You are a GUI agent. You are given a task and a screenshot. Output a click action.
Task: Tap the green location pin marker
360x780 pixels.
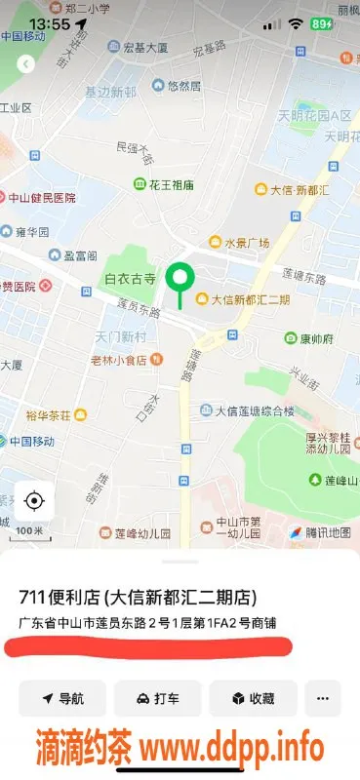(179, 280)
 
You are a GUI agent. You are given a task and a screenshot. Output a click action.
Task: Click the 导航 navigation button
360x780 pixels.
(62, 698)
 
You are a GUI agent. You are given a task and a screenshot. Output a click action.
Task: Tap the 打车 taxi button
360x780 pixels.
(157, 698)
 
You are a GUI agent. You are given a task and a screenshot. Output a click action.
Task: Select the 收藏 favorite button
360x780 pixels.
(252, 698)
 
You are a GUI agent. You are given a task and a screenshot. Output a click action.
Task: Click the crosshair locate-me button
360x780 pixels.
(34, 501)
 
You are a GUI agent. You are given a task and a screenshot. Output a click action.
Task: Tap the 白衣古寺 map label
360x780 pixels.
(131, 279)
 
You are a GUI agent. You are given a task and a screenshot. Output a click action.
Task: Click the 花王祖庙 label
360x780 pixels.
(171, 184)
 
